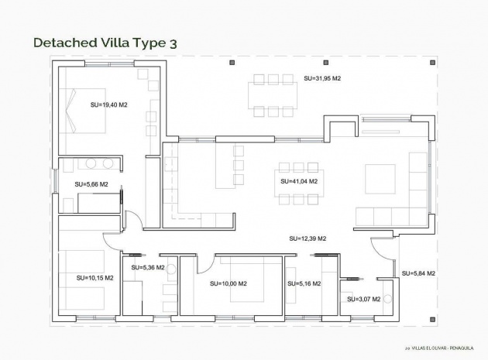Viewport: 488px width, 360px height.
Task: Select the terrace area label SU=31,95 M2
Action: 322,78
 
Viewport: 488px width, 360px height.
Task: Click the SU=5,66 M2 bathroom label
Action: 91,184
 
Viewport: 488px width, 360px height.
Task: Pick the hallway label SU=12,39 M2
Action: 307,238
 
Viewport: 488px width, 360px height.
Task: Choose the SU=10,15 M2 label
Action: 95,276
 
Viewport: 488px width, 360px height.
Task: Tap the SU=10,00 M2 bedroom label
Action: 228,283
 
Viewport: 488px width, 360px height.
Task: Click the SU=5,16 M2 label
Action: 303,283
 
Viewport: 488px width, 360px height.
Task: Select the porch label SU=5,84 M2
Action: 418,273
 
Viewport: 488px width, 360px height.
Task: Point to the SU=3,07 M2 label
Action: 363,299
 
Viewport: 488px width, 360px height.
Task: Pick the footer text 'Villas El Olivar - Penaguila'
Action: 442,348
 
